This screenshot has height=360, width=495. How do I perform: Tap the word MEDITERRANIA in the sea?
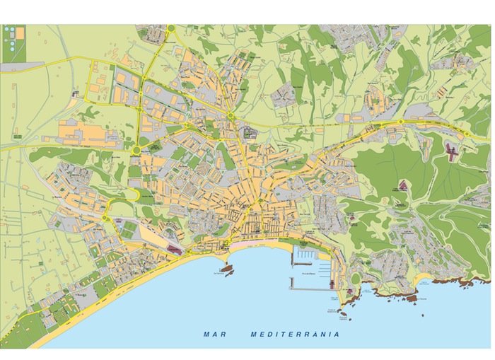295,335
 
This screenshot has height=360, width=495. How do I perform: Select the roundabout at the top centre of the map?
171,29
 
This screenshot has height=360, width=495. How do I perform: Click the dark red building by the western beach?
174,250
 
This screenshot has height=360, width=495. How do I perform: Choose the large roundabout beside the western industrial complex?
136,150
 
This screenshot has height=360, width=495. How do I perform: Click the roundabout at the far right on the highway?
467,134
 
